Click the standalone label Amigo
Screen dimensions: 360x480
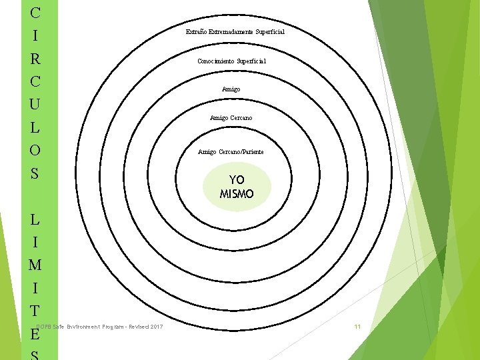(x=231, y=89)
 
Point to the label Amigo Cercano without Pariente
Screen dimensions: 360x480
(x=231, y=118)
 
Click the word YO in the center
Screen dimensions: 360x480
(x=237, y=180)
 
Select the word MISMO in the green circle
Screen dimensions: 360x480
(x=237, y=195)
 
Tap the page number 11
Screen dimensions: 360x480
(x=357, y=326)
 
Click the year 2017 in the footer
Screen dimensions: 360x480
(x=157, y=326)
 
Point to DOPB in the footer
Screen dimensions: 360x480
(x=44, y=326)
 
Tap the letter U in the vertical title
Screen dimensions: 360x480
(x=35, y=104)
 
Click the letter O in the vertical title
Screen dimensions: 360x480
(x=35, y=150)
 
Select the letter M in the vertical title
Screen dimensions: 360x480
(x=35, y=265)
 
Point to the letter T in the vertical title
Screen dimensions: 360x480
(x=35, y=310)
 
